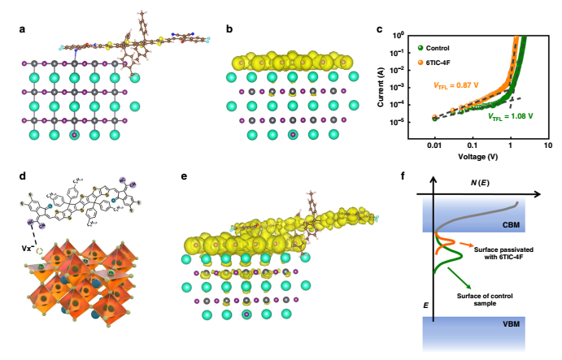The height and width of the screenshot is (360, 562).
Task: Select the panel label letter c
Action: pyautogui.click(x=380, y=31)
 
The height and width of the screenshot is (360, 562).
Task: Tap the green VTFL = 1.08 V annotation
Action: pyautogui.click(x=511, y=116)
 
